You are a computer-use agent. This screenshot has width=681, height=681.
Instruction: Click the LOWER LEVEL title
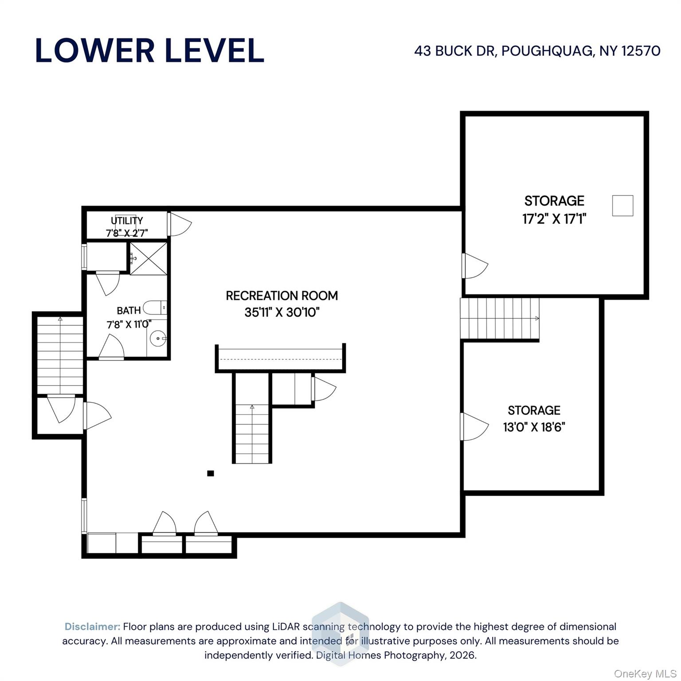pos(149,51)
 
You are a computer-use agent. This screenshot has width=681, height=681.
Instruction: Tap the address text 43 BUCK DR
pos(455,51)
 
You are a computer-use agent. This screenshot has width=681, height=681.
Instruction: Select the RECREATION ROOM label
pos(282,296)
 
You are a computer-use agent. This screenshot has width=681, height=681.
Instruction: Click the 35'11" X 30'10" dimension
pos(282,313)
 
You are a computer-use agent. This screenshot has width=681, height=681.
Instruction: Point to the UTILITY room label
pos(127,220)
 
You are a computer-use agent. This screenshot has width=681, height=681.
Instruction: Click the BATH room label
pos(129,310)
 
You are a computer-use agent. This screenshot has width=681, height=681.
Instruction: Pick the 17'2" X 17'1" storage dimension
pos(554,219)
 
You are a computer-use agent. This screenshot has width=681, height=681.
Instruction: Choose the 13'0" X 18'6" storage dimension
pos(534,427)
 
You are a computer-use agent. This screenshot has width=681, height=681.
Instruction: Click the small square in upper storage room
pos(622,206)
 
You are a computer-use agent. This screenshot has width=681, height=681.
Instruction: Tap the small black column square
pos(211,474)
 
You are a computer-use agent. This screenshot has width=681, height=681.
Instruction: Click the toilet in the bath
pos(155,308)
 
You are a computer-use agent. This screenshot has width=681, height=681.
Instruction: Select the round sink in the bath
pos(157,339)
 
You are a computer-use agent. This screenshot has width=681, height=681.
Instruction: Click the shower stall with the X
pos(149,258)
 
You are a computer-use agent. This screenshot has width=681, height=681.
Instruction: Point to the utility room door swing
pos(180,224)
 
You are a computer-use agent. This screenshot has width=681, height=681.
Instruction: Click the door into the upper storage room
pos(475,266)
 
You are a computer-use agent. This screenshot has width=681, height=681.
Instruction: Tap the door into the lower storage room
pos(475,427)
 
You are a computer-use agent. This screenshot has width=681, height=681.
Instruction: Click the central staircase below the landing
pos(252,434)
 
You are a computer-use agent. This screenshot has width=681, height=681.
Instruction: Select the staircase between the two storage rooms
pos(500,318)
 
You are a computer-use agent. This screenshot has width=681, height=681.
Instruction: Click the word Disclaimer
pos(92,626)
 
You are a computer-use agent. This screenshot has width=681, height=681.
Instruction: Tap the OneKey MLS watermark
pos(645,674)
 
